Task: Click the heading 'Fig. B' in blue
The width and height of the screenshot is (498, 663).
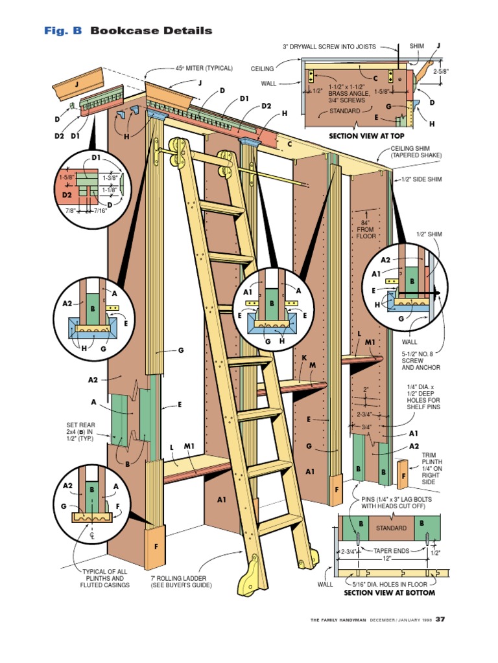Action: [x=63, y=30]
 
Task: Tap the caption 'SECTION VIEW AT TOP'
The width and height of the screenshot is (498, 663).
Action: [x=366, y=136]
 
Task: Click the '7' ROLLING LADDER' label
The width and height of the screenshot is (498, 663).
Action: [x=182, y=581]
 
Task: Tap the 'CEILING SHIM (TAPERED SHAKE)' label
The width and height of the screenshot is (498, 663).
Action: [x=416, y=152]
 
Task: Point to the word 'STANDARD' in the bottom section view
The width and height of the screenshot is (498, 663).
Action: [x=392, y=528]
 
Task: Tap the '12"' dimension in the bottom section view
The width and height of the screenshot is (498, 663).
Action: [x=387, y=558]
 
